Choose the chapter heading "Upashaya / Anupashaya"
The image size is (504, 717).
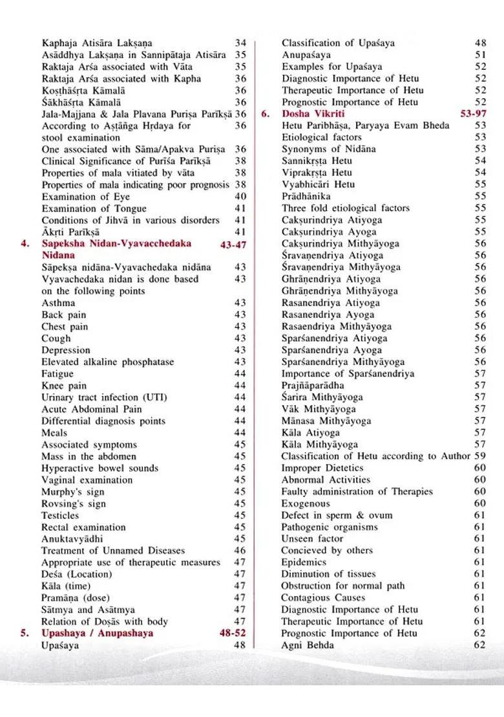(x=98, y=634)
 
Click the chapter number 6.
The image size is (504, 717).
(x=265, y=114)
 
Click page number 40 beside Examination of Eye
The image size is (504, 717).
(x=240, y=197)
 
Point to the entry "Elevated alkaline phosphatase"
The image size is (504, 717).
(x=107, y=362)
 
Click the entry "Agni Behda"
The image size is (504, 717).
(x=308, y=645)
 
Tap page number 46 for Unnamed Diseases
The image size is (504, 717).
(x=240, y=551)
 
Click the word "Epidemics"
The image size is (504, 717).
(x=304, y=563)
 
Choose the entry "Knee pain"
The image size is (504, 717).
(x=64, y=386)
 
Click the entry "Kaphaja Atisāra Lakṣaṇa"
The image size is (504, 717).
(x=97, y=43)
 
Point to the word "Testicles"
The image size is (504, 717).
(x=60, y=516)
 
